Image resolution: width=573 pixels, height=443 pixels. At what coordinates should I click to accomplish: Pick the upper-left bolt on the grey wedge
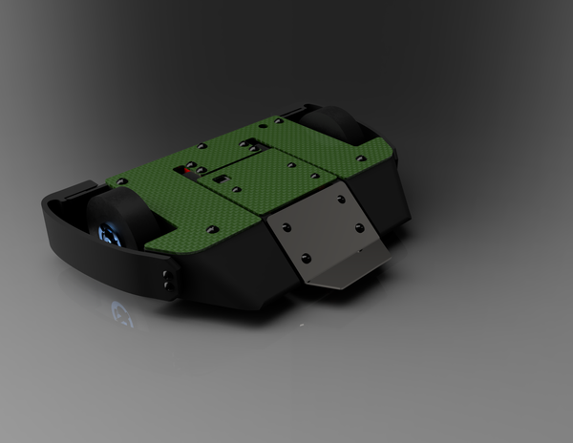pos(284,225)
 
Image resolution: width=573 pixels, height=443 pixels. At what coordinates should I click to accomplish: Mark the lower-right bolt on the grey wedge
pos(358,228)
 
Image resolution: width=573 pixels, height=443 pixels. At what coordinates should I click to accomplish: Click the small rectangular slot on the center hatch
pos(221,179)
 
